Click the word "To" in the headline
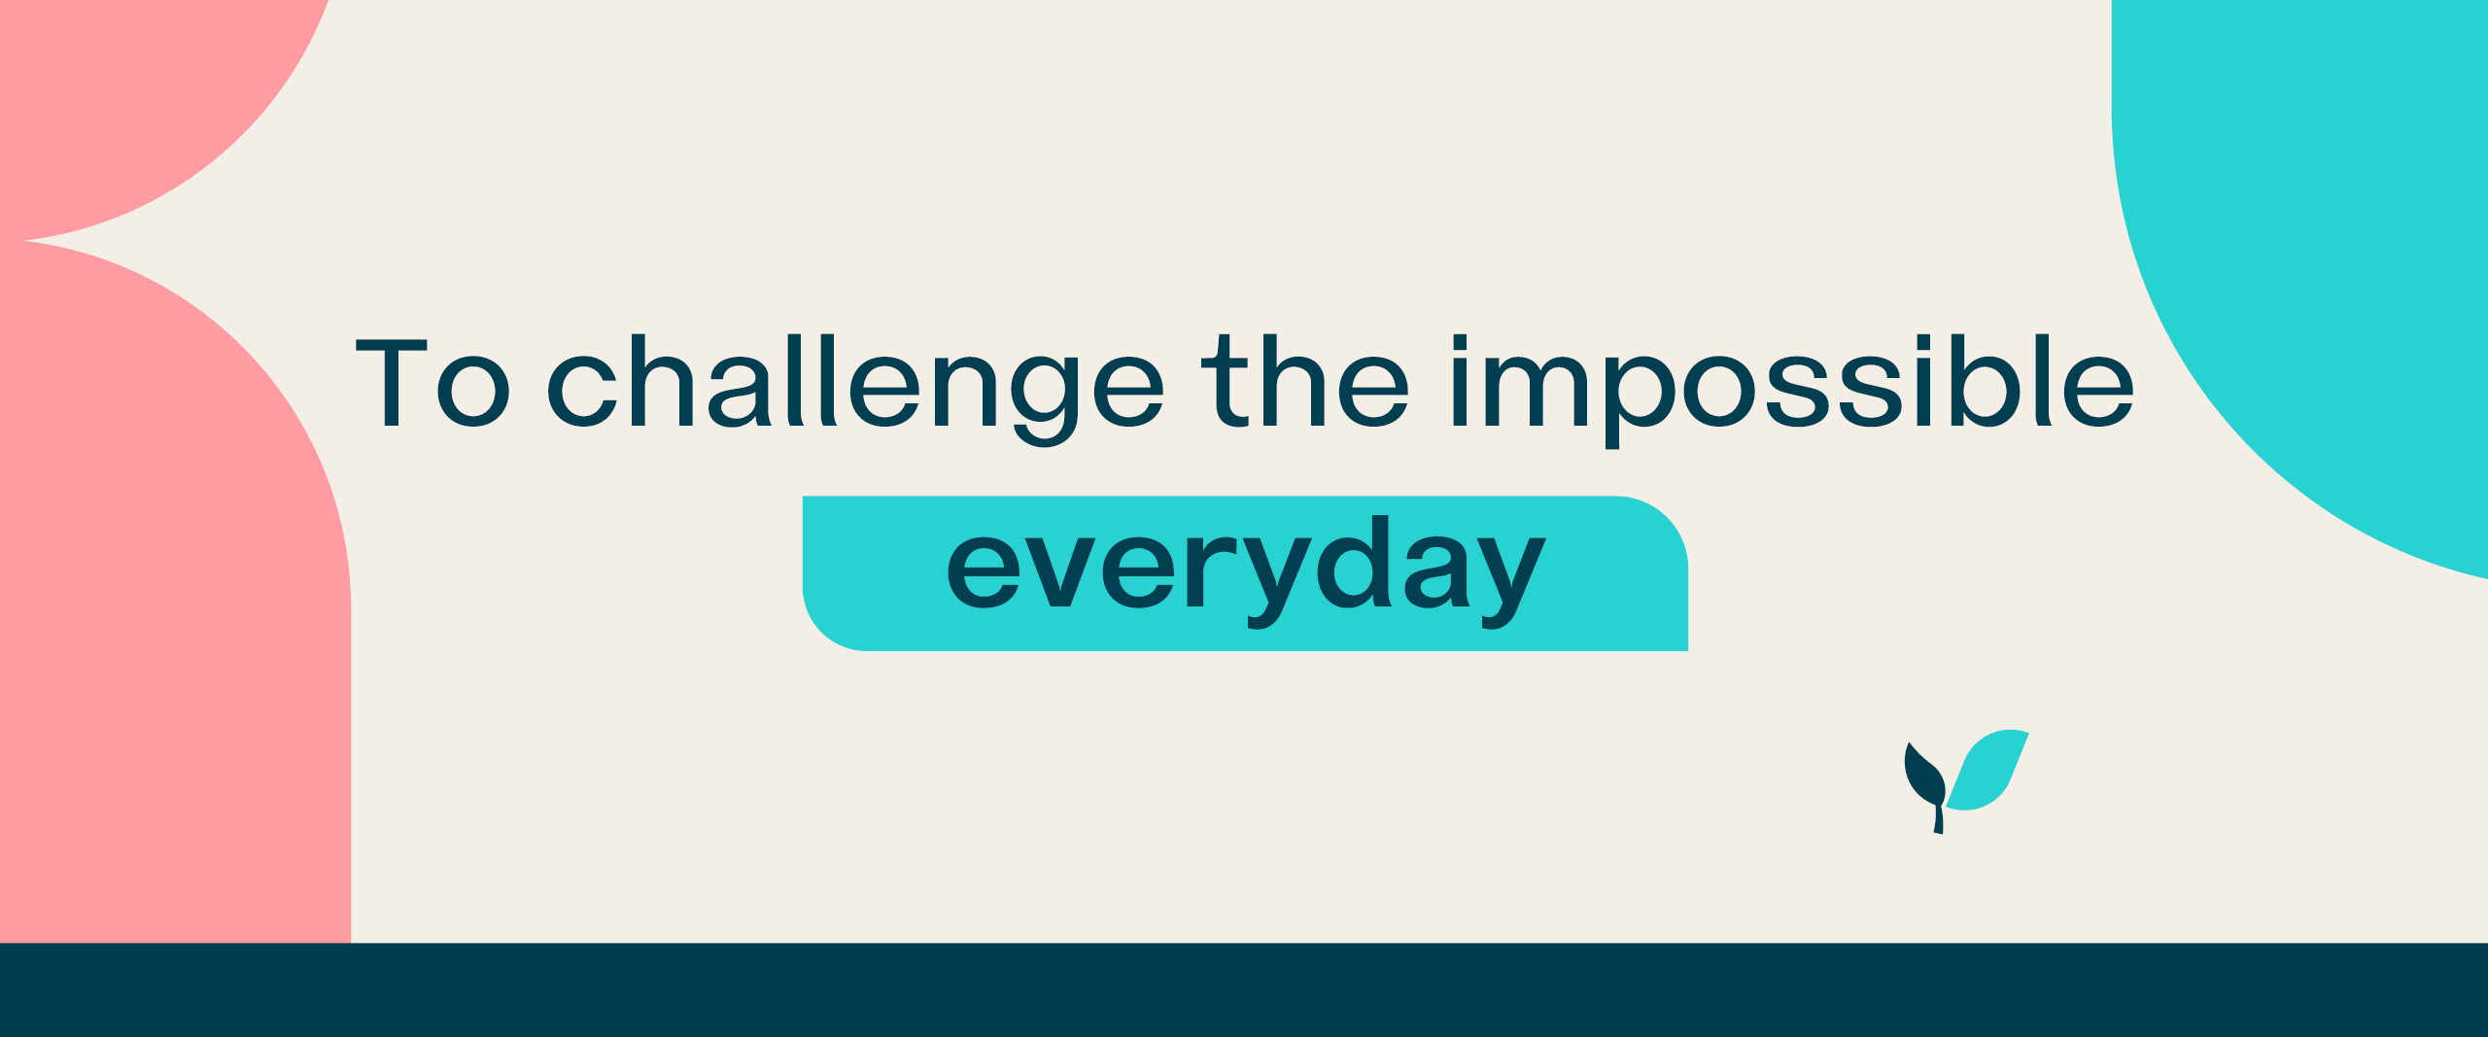pos(432,383)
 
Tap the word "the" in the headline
pos(1305,381)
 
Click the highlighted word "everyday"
pos(1246,572)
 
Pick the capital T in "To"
pos(392,383)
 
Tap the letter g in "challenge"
pos(1045,399)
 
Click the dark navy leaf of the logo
pos(1924,776)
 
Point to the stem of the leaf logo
pos(1939,818)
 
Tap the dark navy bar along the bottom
pos(1244,989)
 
